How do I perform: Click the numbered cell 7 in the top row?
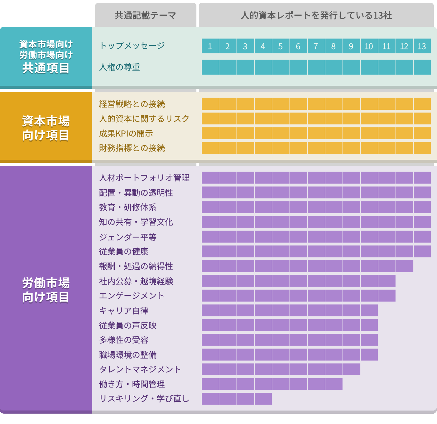[x=316, y=46]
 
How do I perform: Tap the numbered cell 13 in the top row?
[x=422, y=46]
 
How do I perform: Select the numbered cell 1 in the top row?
[x=210, y=46]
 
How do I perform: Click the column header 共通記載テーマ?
[x=145, y=15]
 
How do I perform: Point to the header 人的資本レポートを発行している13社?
[x=316, y=15]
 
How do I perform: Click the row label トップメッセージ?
[x=132, y=46]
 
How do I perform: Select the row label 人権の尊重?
[x=120, y=67]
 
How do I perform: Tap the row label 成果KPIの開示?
[x=126, y=134]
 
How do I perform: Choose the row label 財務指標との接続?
[x=132, y=148]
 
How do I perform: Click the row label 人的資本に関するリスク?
[x=144, y=119]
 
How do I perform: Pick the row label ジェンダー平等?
[x=128, y=237]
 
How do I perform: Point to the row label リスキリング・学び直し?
[x=144, y=399]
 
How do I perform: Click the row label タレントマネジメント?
[x=140, y=369]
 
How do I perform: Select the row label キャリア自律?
[x=124, y=310]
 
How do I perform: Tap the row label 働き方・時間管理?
[x=132, y=384]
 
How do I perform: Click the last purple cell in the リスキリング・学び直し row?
[x=263, y=399]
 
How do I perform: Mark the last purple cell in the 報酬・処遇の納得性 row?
[x=404, y=266]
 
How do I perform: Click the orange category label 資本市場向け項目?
[x=46, y=128]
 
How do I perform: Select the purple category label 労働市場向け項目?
[x=46, y=290]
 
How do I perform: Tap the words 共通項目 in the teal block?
[x=46, y=68]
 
